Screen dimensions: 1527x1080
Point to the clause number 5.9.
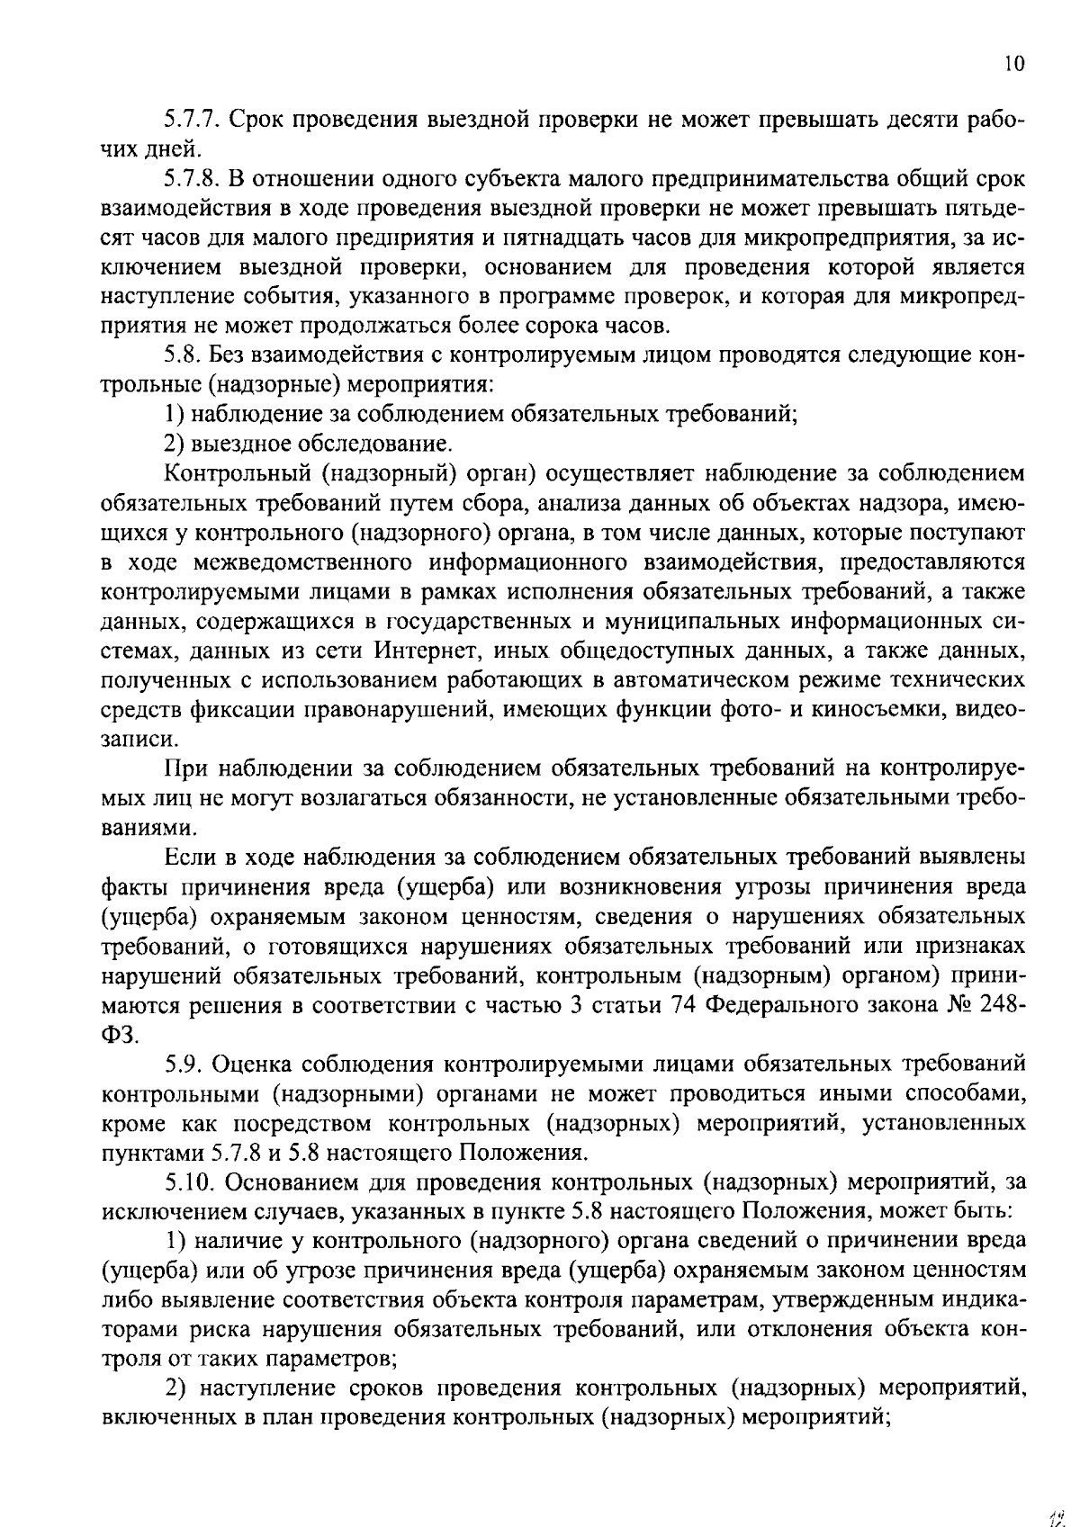pyautogui.click(x=184, y=1065)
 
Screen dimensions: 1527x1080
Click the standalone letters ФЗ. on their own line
pyautogui.click(x=121, y=1035)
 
